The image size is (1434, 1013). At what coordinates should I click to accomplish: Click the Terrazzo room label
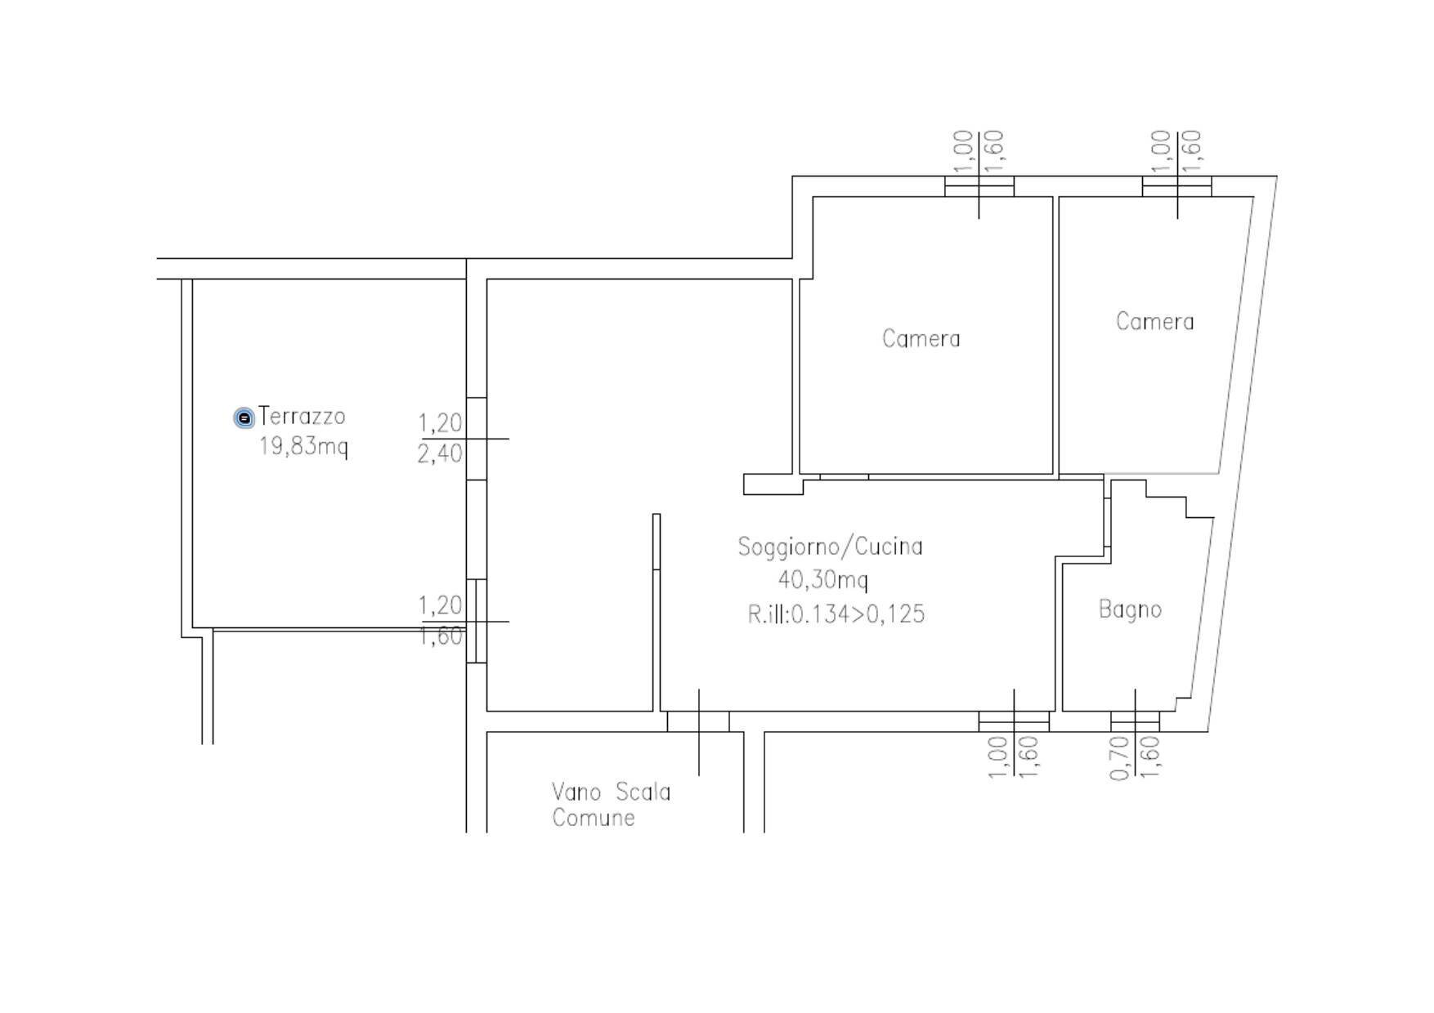[302, 417]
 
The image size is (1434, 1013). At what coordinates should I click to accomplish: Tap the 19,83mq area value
[303, 447]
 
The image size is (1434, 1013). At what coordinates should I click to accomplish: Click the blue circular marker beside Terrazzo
[244, 418]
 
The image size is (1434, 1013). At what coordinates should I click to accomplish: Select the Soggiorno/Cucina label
[830, 547]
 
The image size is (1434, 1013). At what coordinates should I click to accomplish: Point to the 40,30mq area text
[822, 580]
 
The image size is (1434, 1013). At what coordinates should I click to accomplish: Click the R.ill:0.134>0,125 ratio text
[836, 614]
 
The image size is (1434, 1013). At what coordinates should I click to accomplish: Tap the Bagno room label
[1129, 609]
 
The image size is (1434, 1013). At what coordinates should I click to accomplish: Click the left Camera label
[921, 338]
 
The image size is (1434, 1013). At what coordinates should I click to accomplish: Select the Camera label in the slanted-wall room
[1154, 321]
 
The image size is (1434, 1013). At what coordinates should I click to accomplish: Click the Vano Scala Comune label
[610, 805]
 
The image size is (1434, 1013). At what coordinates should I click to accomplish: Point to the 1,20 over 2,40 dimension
[440, 439]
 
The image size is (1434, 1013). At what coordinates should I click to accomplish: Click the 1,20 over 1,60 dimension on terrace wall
[441, 621]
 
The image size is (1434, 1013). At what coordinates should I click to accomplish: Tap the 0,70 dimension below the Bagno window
[1119, 758]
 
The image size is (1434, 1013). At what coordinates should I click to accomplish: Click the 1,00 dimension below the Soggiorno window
[997, 757]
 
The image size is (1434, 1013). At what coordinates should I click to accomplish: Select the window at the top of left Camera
[979, 186]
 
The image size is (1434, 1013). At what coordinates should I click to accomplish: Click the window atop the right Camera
[1176, 186]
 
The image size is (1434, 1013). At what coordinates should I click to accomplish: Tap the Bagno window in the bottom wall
[1134, 721]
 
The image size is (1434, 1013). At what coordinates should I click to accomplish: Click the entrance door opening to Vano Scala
[698, 721]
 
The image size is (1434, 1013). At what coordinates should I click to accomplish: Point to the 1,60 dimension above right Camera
[1192, 151]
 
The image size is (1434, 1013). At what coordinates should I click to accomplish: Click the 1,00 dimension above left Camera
[963, 151]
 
